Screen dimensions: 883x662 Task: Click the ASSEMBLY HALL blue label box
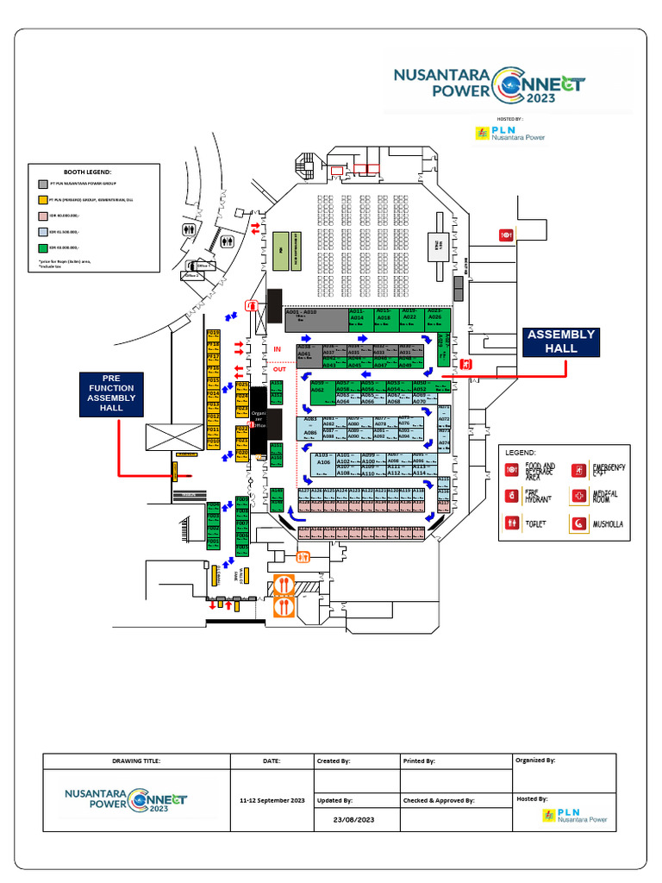561,341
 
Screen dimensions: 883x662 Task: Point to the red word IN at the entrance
278,349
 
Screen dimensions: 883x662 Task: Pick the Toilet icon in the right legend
512,523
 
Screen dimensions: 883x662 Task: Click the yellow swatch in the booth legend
43,199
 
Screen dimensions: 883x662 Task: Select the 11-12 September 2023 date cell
272,801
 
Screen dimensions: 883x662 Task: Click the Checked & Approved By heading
439,801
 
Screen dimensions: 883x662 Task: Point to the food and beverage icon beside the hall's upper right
507,235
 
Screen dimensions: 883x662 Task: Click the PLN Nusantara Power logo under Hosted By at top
509,134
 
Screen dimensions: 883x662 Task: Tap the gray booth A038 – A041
309,350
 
